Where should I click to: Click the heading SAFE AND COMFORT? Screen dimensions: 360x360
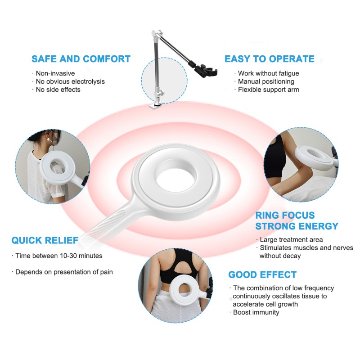coord(81,59)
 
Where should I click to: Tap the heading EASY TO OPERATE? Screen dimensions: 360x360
coord(269,59)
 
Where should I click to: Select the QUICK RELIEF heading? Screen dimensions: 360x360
coord(45,240)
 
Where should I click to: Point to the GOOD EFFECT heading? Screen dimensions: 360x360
coord(262,274)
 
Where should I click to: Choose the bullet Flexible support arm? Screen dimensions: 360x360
coord(268,90)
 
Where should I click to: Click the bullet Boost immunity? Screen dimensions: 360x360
coord(256,312)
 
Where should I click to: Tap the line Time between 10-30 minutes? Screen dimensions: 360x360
coord(58,256)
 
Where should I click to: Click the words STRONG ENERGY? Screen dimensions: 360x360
coord(297,226)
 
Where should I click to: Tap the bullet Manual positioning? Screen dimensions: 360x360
coord(266,81)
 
